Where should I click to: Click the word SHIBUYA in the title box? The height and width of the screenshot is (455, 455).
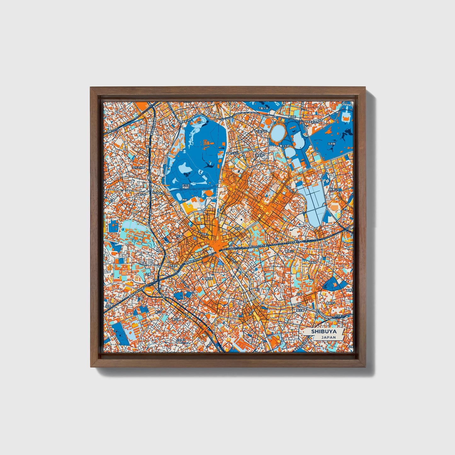click(x=323, y=331)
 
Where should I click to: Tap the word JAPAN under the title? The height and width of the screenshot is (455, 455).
click(x=328, y=337)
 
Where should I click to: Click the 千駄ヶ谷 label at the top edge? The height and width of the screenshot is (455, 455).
click(x=264, y=108)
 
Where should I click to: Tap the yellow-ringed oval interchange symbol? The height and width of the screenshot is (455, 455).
click(x=149, y=290)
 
